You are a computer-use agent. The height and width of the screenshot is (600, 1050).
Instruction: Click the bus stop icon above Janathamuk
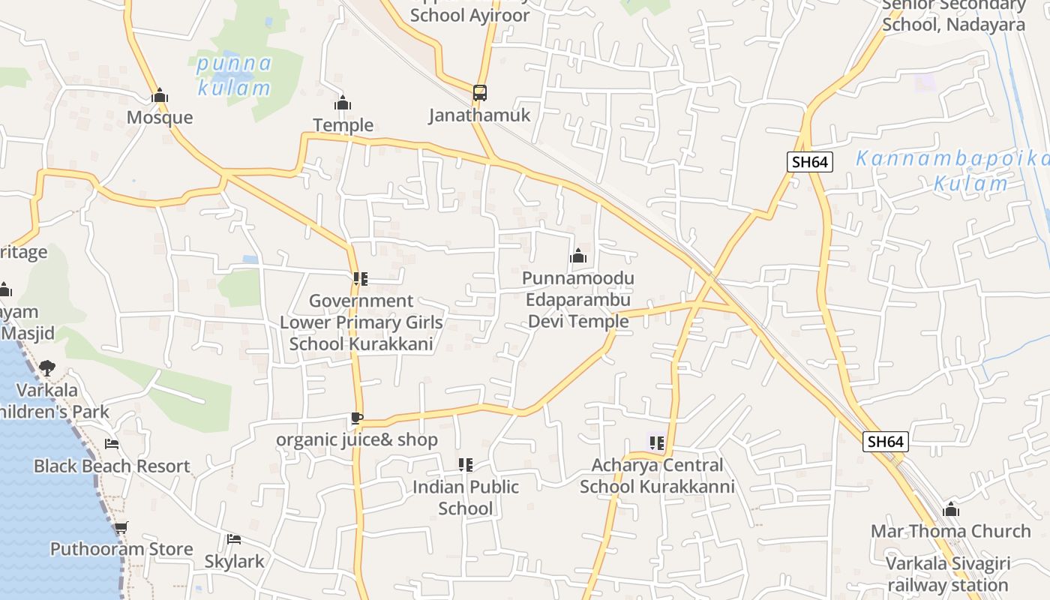[480, 93]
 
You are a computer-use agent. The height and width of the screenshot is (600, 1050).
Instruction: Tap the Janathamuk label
[479, 115]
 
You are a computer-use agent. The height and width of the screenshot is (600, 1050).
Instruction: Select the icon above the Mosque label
[159, 96]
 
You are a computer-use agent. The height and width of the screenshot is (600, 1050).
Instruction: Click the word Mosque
[159, 118]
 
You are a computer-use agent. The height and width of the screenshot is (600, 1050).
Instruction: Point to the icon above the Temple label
[343, 103]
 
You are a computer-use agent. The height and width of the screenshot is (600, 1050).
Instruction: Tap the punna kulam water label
[233, 75]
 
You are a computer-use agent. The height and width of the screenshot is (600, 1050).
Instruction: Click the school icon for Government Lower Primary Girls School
[361, 279]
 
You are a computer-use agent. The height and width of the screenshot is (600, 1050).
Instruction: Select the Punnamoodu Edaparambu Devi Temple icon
[577, 256]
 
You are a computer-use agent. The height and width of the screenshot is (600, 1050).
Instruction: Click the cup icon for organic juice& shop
[357, 418]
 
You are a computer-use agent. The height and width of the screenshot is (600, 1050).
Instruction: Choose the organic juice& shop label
[357, 439]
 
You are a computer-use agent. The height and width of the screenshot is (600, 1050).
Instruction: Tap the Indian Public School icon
[466, 465]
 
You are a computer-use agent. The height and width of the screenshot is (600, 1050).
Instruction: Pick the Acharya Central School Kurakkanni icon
[657, 443]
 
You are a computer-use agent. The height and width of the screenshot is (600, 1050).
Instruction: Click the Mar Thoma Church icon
[951, 510]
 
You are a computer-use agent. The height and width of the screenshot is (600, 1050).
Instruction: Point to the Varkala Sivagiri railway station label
[947, 574]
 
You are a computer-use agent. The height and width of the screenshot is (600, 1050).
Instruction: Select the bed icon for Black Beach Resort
[112, 444]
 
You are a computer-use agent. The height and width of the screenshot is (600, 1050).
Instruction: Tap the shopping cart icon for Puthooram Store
[121, 527]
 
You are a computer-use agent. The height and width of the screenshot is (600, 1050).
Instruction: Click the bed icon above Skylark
[234, 539]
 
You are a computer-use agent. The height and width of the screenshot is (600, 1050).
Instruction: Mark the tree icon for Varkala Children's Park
[47, 368]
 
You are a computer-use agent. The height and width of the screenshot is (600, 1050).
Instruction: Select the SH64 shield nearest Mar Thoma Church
[885, 442]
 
